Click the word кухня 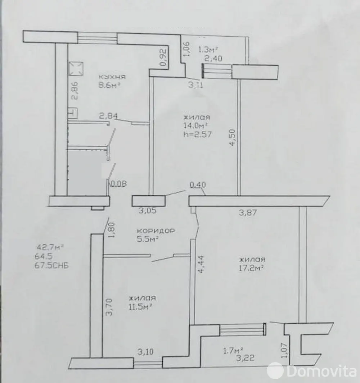(112, 77)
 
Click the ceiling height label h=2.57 (197, 134)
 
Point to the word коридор (156, 231)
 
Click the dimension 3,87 (248, 213)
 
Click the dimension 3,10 (145, 352)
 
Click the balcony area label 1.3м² (208, 50)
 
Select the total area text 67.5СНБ (52, 265)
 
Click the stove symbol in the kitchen (76, 69)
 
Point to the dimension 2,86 (75, 90)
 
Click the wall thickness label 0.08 (119, 184)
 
